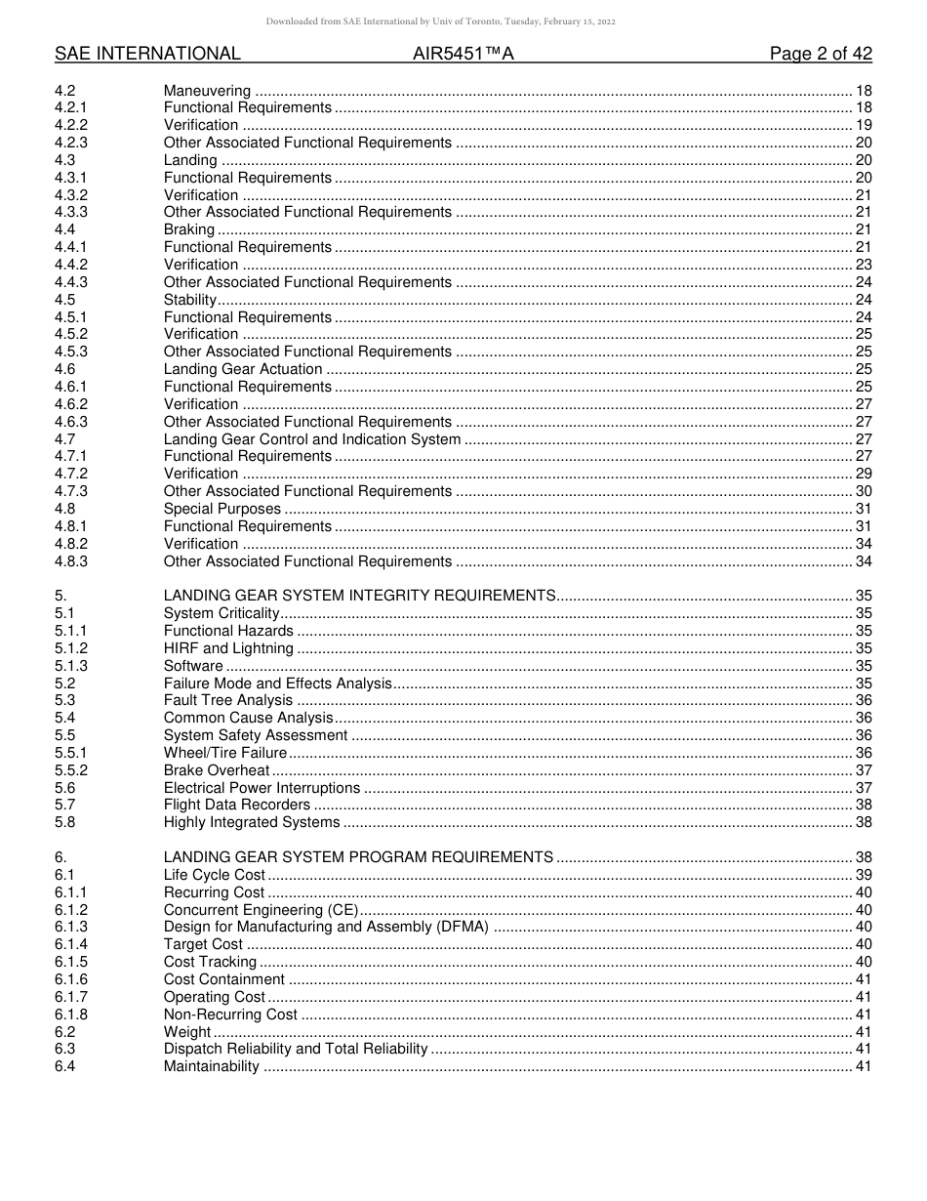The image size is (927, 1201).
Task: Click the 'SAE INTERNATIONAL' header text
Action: (x=147, y=54)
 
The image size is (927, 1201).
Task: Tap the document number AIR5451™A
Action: (x=463, y=54)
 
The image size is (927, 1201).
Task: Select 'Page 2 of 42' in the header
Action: (x=821, y=54)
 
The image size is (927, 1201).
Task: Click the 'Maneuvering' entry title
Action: (x=207, y=91)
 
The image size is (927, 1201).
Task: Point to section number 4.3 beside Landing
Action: (x=65, y=160)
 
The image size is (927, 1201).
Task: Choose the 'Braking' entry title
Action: (x=189, y=229)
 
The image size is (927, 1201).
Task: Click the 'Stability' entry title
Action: (x=190, y=300)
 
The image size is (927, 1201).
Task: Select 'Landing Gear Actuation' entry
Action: (x=243, y=369)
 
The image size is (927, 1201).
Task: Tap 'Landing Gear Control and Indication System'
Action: (x=312, y=439)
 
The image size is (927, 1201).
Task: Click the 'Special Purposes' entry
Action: (x=222, y=509)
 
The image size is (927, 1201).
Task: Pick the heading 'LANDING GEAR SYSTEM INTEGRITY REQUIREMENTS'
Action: (x=359, y=596)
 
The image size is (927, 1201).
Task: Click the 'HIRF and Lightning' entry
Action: (x=228, y=648)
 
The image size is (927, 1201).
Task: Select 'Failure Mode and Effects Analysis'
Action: (x=278, y=683)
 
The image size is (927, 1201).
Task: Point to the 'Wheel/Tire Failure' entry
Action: (x=225, y=753)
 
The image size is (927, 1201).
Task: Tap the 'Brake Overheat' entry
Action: (x=217, y=770)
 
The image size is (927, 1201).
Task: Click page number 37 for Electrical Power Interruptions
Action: (x=863, y=788)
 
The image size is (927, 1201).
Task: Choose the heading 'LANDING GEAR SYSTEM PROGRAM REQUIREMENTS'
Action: (x=358, y=857)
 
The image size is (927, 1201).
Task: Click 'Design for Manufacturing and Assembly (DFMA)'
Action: (x=326, y=927)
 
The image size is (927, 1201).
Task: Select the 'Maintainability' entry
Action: (x=212, y=1066)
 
